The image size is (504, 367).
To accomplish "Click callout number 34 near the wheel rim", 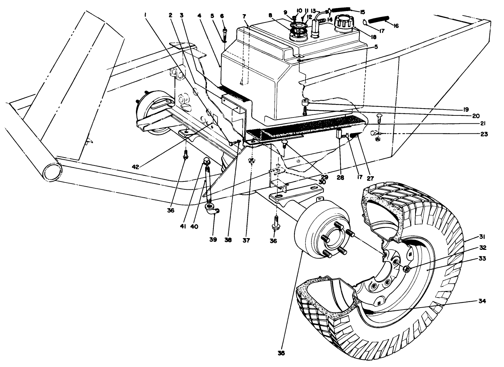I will pyautogui.click(x=482, y=301).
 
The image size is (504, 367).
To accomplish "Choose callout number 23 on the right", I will pyautogui.click(x=483, y=134).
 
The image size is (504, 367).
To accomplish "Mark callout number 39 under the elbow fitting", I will pyautogui.click(x=213, y=239).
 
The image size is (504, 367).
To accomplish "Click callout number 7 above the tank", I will pyautogui.click(x=244, y=16).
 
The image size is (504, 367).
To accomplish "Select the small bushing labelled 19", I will pyautogui.click(x=305, y=102).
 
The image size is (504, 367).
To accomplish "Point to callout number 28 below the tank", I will pyautogui.click(x=340, y=177).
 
